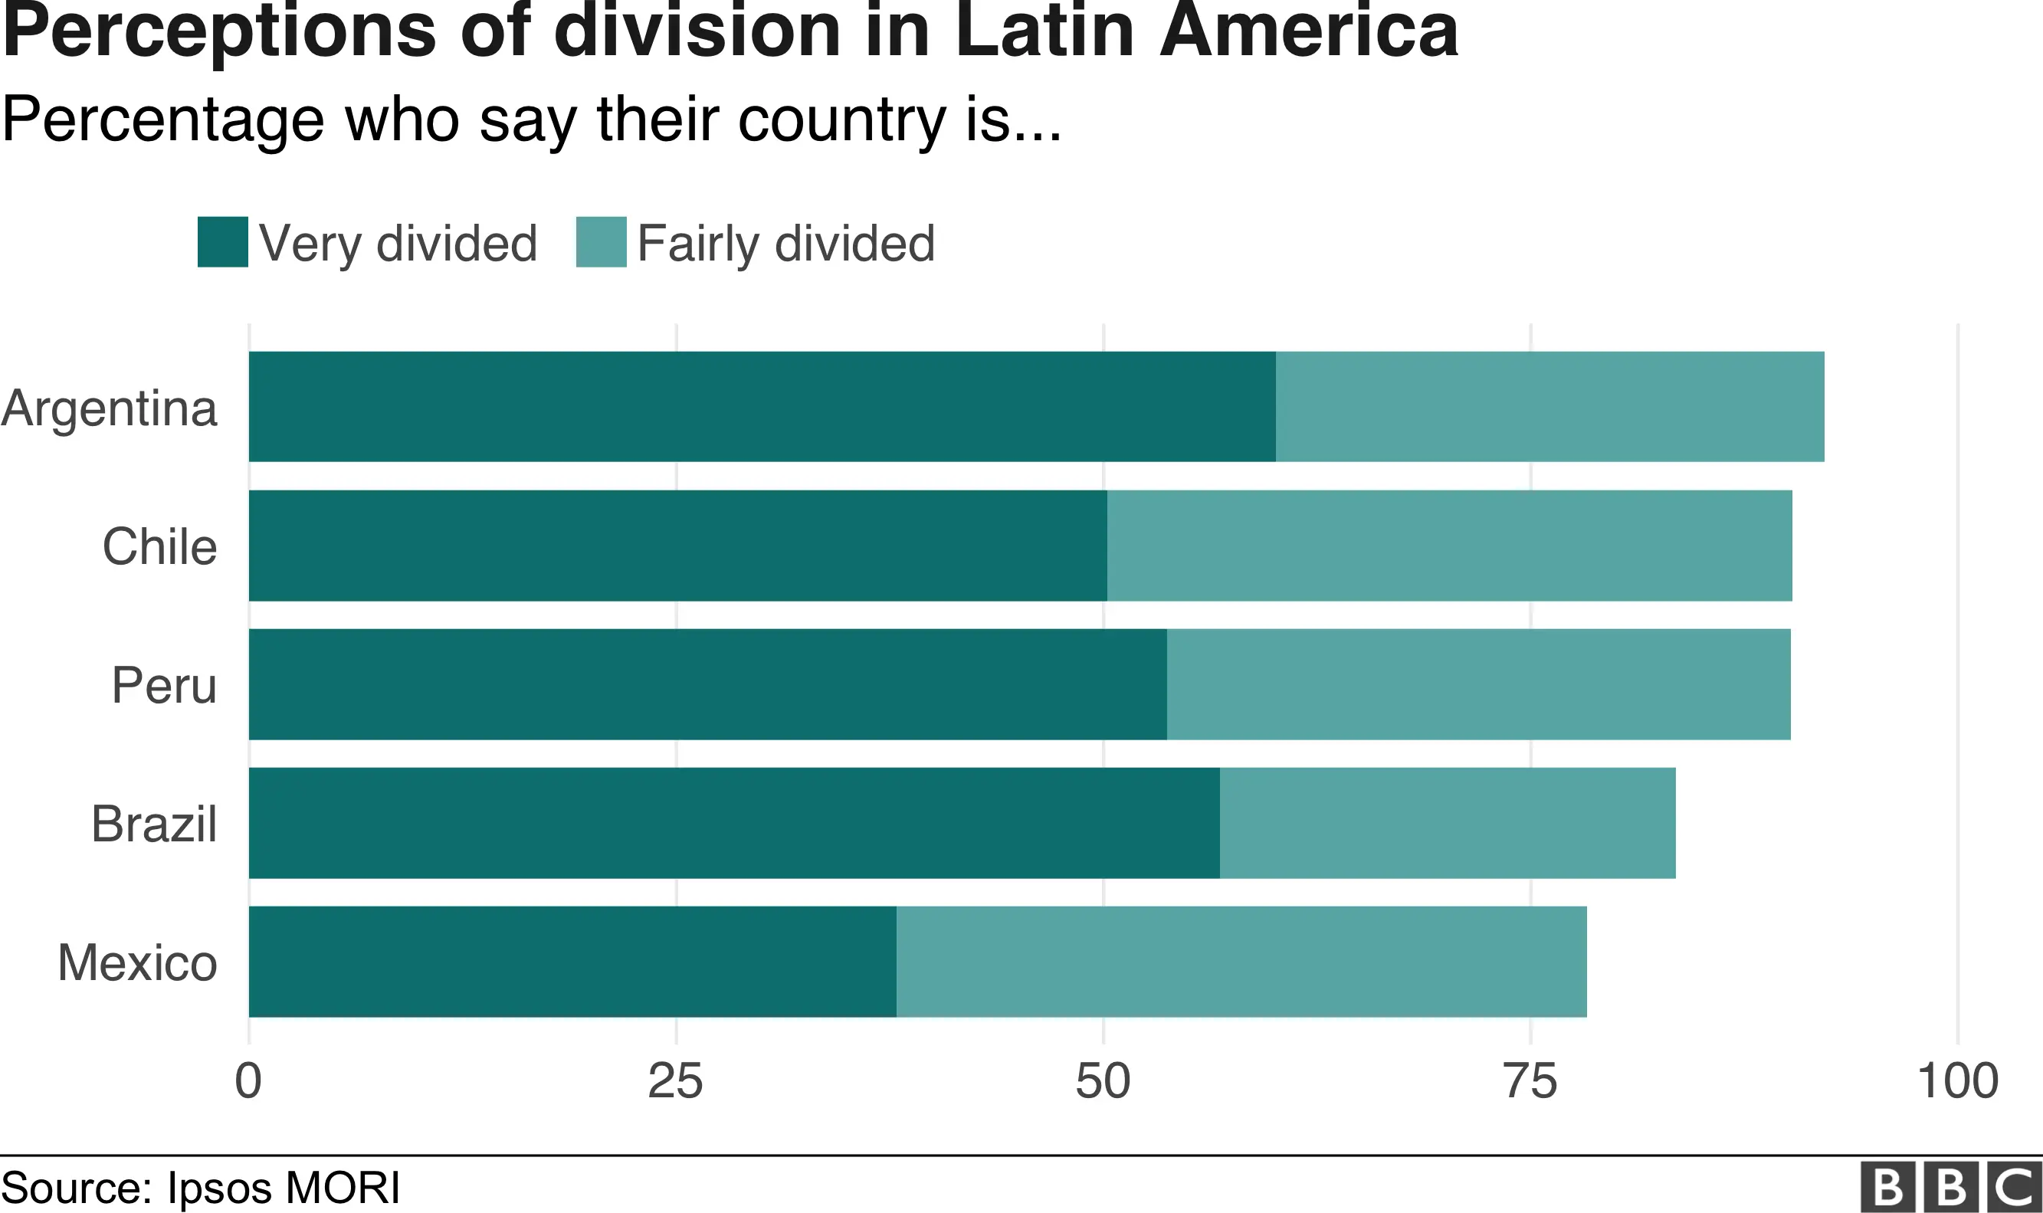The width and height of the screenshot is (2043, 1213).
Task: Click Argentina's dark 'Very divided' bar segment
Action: tap(762, 406)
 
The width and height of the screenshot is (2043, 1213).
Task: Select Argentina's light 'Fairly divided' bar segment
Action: tap(1549, 406)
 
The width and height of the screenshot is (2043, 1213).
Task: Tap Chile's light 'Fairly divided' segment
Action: tap(1449, 545)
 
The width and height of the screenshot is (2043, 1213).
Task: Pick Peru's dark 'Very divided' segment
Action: tap(708, 684)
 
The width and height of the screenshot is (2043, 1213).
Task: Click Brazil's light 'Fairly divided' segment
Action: tap(1448, 823)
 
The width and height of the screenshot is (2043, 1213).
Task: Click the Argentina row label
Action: tap(110, 408)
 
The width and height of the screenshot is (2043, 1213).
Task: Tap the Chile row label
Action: tap(160, 546)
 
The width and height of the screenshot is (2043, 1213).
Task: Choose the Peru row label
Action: tap(164, 685)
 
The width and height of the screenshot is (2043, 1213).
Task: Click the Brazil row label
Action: tap(155, 824)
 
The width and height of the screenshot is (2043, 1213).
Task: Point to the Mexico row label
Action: tap(138, 963)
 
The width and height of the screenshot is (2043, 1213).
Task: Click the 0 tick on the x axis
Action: tap(248, 1081)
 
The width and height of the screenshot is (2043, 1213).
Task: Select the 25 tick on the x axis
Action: tap(675, 1081)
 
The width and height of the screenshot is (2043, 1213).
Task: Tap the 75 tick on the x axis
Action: tap(1530, 1081)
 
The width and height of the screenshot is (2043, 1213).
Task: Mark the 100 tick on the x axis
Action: tap(1957, 1081)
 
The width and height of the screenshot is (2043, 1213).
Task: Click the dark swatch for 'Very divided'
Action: tap(222, 242)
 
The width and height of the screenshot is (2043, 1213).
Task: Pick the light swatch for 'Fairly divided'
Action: tap(601, 242)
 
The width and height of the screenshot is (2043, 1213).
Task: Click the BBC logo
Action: tap(1950, 1186)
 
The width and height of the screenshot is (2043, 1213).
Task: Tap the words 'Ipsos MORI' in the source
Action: tap(284, 1188)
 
